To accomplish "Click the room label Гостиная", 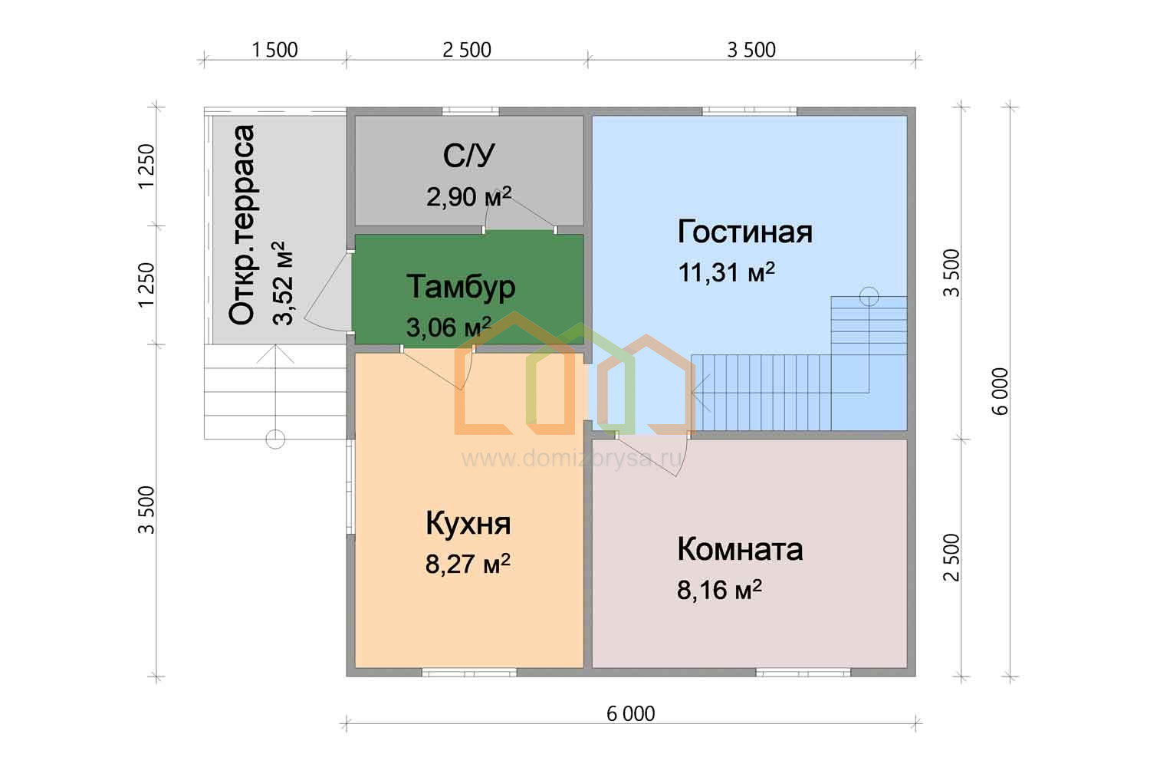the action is tap(745, 232).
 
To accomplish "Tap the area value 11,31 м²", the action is tap(727, 272).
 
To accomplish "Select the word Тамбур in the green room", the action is tap(461, 288).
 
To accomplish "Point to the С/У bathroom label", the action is tap(468, 155).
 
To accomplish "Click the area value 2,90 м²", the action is tap(468, 196).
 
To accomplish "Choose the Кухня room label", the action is tap(468, 524).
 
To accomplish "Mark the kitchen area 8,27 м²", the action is tap(468, 564).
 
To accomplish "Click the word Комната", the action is tap(740, 549).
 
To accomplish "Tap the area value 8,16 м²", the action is tap(719, 590).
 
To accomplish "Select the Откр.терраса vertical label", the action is tap(242, 225).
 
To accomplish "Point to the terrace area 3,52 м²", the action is tap(282, 283).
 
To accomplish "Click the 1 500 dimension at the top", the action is tap(274, 51).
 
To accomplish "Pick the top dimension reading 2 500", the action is tap(467, 51).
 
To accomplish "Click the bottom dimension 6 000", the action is tap(631, 714).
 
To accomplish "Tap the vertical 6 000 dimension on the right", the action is tap(1000, 391).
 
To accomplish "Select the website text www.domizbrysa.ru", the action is tap(573, 458).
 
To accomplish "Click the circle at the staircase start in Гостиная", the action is tap(869, 296).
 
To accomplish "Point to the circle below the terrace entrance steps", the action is tap(275, 439).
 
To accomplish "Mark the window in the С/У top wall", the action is tap(470, 111).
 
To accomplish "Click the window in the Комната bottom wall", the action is tap(803, 673).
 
